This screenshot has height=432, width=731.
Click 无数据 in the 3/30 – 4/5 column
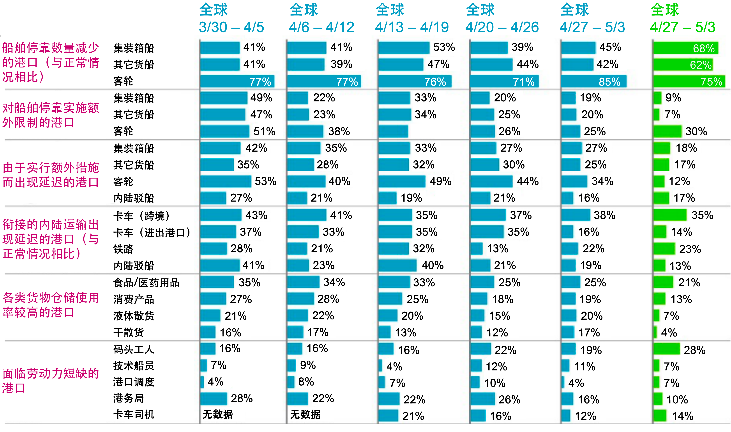[x=218, y=414]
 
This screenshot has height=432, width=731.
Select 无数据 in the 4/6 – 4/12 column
[x=305, y=414]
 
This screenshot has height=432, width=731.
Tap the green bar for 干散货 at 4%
[x=655, y=332]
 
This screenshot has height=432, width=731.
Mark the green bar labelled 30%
[x=667, y=131]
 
